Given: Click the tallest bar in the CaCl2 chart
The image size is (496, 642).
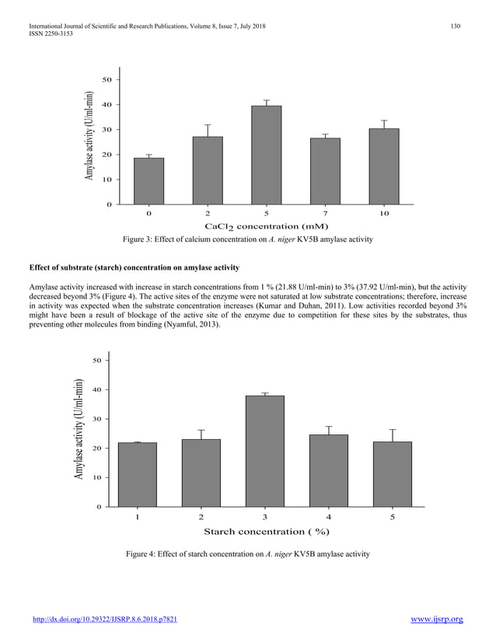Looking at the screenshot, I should pyautogui.click(x=266, y=155).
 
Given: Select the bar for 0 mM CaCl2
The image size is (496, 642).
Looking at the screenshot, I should pyautogui.click(x=148, y=180).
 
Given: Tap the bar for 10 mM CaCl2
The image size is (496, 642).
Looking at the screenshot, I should pyautogui.click(x=383, y=166).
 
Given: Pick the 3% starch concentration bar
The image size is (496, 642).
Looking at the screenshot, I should pyautogui.click(x=264, y=451).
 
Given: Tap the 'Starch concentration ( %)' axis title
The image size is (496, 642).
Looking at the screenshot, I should pyautogui.click(x=267, y=532).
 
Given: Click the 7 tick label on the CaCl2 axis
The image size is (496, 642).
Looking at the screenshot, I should pyautogui.click(x=325, y=212).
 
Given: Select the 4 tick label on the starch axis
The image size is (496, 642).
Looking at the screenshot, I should pyautogui.click(x=328, y=517).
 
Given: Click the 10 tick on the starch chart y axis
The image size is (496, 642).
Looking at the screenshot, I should pyautogui.click(x=98, y=477).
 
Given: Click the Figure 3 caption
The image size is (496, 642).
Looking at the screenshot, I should pyautogui.click(x=246, y=239).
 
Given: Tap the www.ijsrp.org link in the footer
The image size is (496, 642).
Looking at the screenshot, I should pyautogui.click(x=436, y=619).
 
